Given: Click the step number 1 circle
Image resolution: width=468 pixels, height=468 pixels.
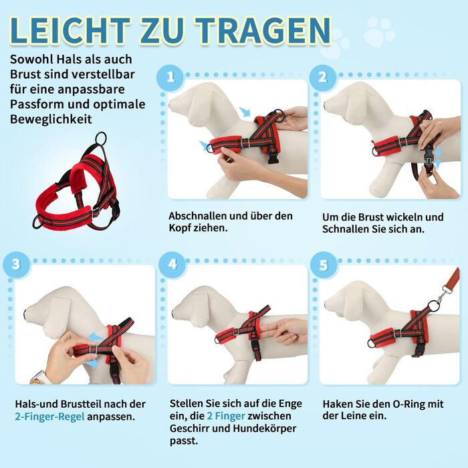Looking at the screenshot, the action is (170, 78).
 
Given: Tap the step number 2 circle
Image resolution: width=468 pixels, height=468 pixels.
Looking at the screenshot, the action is (323, 78).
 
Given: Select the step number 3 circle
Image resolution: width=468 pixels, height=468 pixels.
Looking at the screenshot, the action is (16, 265).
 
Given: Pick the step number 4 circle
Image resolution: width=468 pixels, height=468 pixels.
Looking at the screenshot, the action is (172, 265).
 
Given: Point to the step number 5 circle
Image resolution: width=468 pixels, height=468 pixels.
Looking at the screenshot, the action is (324, 265).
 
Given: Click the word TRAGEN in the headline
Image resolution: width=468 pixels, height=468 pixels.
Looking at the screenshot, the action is (263, 30).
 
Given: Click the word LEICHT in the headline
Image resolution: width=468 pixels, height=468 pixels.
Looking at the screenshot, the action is (70, 30).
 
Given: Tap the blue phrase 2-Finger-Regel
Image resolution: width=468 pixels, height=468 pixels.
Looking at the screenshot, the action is (50, 417).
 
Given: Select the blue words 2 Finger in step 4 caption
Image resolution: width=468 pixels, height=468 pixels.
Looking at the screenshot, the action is (226, 416).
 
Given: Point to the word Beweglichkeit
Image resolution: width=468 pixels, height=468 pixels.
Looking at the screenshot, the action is (51, 119).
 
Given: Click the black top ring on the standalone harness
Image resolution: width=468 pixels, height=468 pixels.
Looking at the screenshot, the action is (101, 138).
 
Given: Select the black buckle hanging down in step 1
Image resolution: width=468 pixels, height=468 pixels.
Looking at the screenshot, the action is (273, 157).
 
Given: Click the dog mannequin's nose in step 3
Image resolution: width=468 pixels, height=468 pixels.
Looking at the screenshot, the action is (25, 314).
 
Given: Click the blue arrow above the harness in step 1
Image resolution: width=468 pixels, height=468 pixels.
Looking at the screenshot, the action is (245, 112).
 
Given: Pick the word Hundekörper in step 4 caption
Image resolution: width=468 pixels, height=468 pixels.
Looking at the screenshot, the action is (265, 429).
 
